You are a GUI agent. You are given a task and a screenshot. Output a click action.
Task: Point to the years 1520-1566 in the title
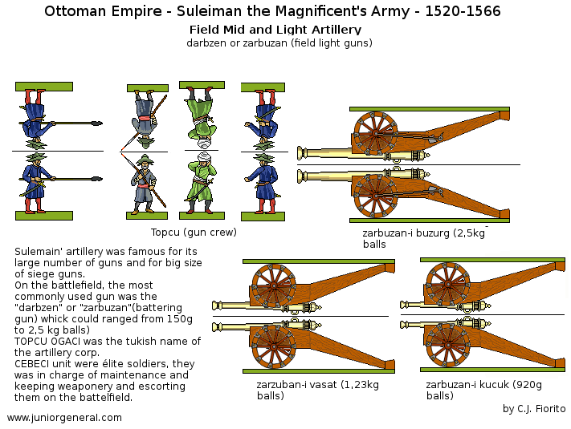tap(455, 11)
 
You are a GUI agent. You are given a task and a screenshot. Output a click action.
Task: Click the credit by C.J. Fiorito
tap(534, 408)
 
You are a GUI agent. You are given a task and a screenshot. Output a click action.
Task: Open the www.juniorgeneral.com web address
tap(64, 417)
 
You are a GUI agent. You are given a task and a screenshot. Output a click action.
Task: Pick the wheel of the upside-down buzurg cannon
tap(372, 131)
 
